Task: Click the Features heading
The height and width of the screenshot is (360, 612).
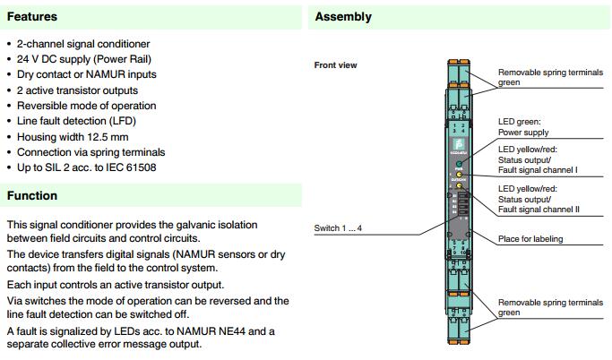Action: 32,16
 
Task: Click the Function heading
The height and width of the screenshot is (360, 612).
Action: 32,195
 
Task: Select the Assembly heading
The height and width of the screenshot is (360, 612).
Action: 343,16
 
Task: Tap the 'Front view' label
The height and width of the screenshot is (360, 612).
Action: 337,65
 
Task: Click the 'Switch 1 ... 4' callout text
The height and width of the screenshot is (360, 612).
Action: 339,227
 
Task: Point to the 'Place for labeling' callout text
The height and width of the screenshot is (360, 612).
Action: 536,238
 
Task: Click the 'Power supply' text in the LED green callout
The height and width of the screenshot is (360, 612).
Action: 523,132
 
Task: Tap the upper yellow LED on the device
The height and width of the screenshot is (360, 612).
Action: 458,176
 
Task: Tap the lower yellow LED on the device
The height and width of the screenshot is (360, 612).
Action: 458,185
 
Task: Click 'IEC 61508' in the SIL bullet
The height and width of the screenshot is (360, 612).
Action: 128,167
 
